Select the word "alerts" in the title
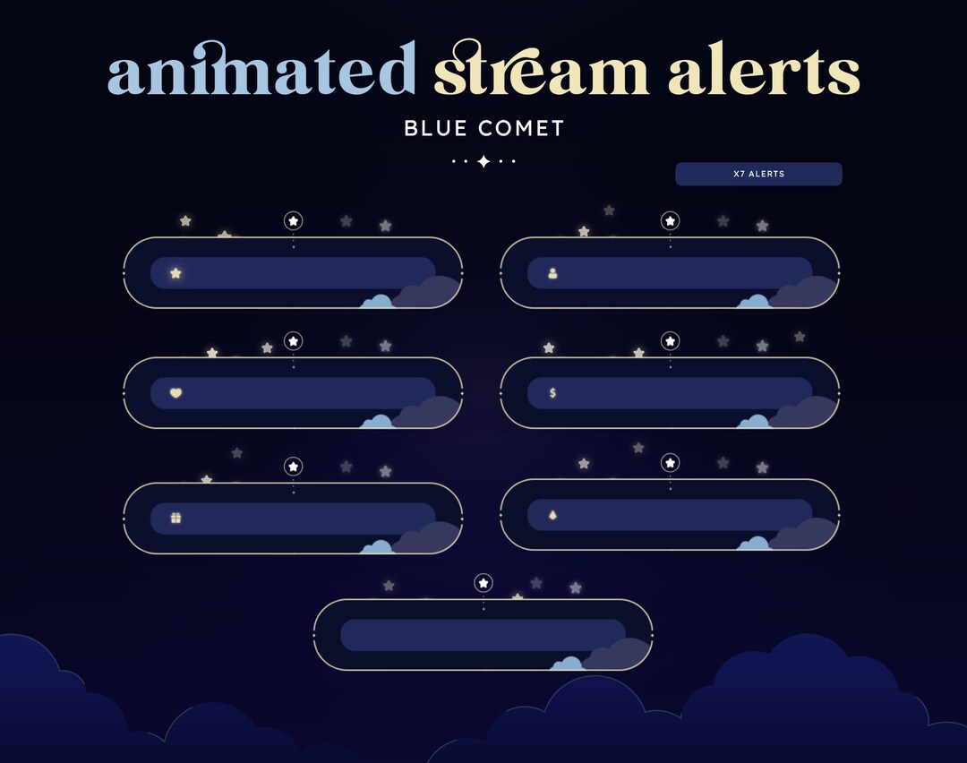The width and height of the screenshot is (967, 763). coord(764,73)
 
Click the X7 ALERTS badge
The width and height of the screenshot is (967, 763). coord(758,174)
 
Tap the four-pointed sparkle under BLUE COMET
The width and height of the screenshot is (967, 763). coord(483,161)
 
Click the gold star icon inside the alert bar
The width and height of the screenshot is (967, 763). coord(175,273)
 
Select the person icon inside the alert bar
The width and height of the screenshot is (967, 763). coord(552,273)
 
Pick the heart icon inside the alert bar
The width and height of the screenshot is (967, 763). coord(175,393)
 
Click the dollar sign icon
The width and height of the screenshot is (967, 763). coord(552,393)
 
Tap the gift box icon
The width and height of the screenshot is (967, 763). coord(175,518)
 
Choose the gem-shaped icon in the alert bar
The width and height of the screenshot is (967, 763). coord(552,515)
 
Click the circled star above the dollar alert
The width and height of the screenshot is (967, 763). coord(670,340)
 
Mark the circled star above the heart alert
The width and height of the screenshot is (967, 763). coord(293,340)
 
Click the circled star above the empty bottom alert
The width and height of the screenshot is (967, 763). coord(483,583)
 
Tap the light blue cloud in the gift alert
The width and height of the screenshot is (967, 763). coord(377,546)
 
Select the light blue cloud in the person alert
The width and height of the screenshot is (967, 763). coord(754,301)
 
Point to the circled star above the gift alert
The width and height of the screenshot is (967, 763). coord(293,466)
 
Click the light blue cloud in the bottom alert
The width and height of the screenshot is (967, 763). coord(568,664)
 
